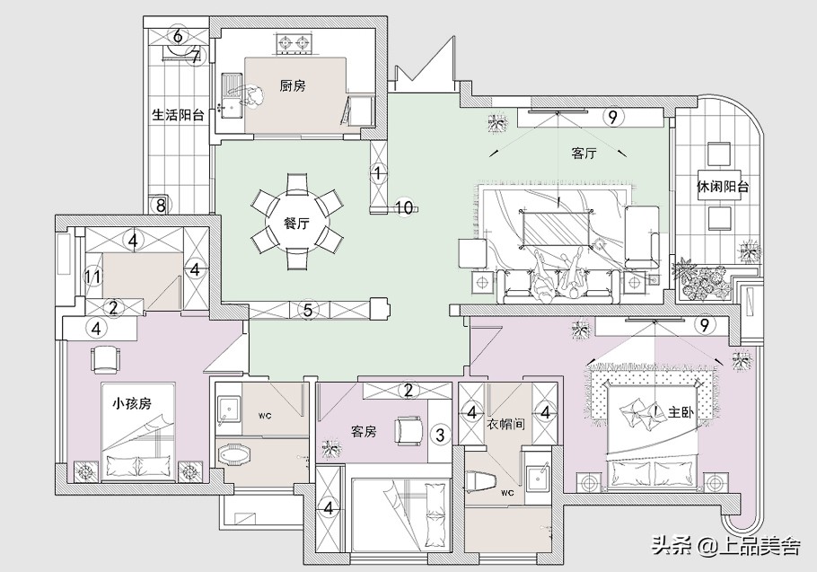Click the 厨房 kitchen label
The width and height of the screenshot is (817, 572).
point(293,86)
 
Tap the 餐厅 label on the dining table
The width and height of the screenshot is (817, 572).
point(296,224)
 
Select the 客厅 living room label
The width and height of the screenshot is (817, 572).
point(584,154)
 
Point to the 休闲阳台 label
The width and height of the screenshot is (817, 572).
point(723,186)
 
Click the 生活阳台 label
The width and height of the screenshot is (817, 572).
point(178,115)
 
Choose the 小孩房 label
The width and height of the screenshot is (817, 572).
point(132,403)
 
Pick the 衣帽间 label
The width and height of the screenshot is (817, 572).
point(505,424)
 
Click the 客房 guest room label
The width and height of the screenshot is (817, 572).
point(365,431)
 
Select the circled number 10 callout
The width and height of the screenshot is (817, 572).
point(404,207)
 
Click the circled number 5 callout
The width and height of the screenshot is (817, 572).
point(308,311)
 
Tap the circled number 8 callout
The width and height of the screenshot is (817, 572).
point(161,206)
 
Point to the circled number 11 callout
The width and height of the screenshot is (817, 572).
point(92,277)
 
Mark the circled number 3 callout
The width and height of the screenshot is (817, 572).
point(440,434)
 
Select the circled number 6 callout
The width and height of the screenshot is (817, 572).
point(178,37)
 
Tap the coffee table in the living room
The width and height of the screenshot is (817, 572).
point(557,228)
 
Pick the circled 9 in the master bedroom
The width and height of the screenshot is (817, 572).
point(704,325)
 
